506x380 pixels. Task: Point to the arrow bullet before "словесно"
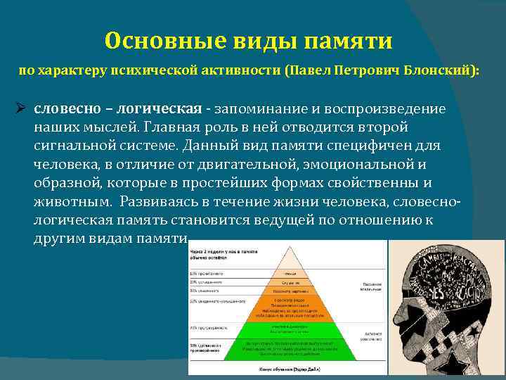[x=21, y=109]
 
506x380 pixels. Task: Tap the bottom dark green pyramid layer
[x=290, y=348]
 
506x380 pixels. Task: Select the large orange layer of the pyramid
[x=290, y=307]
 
